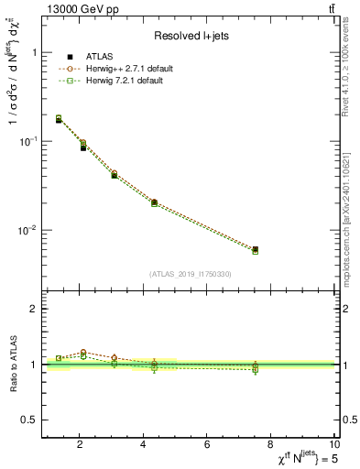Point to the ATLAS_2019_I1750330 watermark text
[x=191, y=274]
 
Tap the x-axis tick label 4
[x=144, y=445]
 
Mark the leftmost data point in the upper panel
[x=59, y=119]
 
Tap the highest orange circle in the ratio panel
[x=83, y=352]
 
